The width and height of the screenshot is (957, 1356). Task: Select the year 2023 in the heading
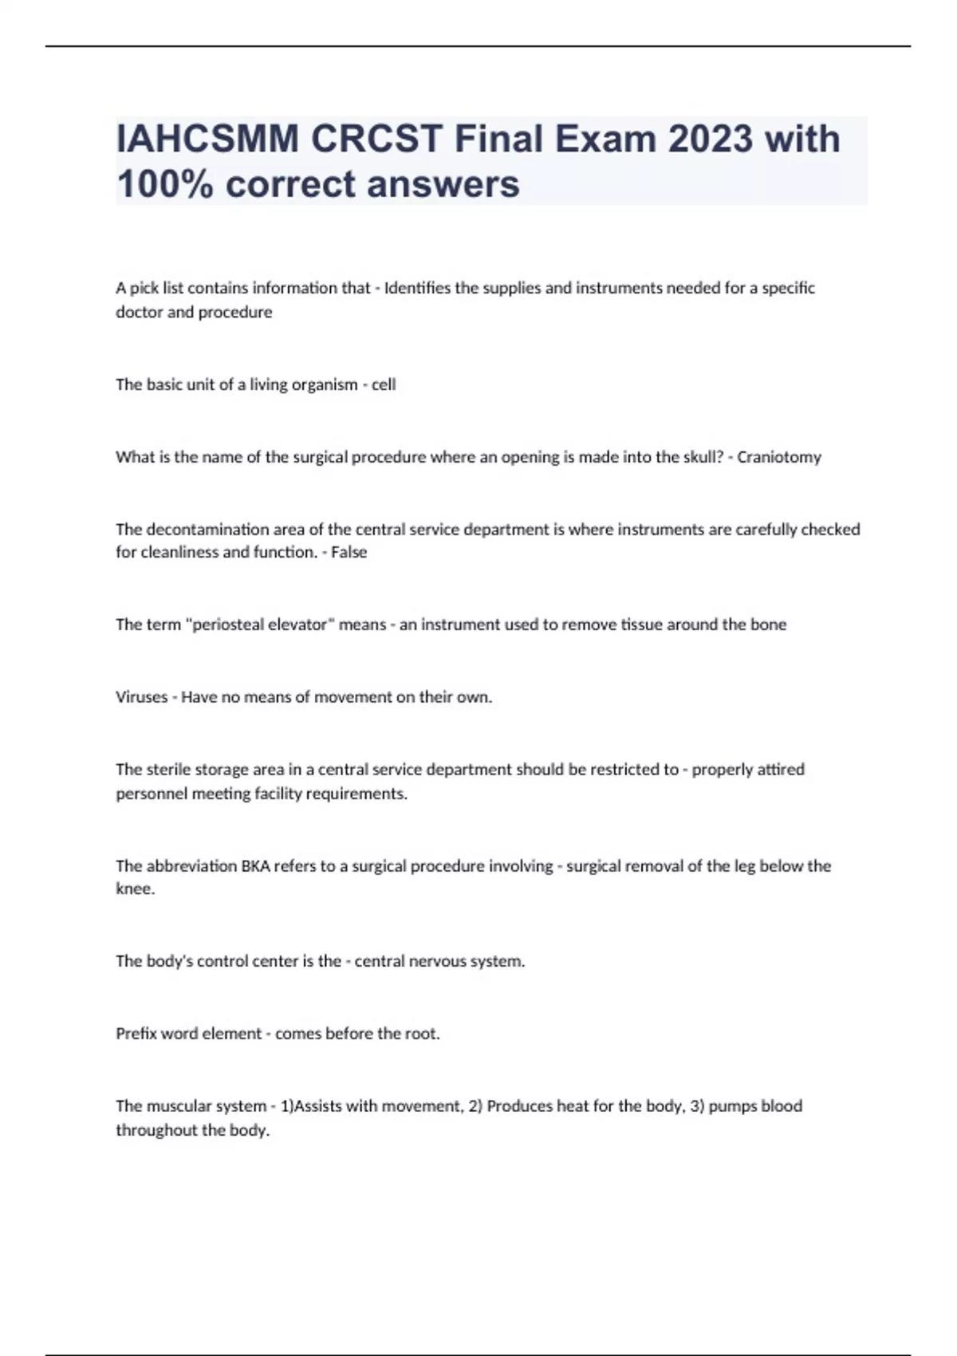(710, 139)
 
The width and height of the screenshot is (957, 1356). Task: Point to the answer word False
(349, 552)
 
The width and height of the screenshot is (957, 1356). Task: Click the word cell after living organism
(384, 384)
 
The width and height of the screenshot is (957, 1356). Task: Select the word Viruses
(141, 697)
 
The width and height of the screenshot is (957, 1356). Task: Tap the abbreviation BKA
(255, 865)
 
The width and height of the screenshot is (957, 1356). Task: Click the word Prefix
(136, 1034)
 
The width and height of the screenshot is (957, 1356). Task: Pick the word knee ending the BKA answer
(133, 889)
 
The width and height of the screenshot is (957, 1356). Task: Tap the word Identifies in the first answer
(417, 288)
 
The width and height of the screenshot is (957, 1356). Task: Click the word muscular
(175, 1106)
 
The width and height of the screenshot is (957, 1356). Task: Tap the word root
(422, 1034)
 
